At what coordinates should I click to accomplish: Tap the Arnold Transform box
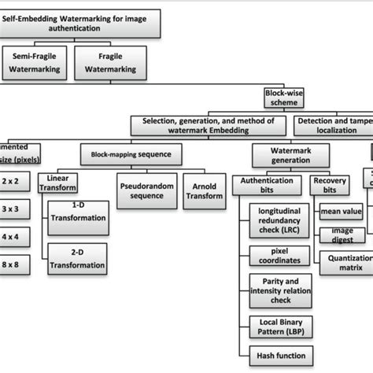pyautogui.click(x=204, y=194)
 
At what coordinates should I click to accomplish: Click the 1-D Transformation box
pyautogui.click(x=77, y=218)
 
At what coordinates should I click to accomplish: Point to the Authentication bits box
pyautogui.click(x=268, y=185)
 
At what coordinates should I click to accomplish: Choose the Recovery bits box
pyautogui.click(x=330, y=185)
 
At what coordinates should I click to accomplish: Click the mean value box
pyautogui.click(x=342, y=212)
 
